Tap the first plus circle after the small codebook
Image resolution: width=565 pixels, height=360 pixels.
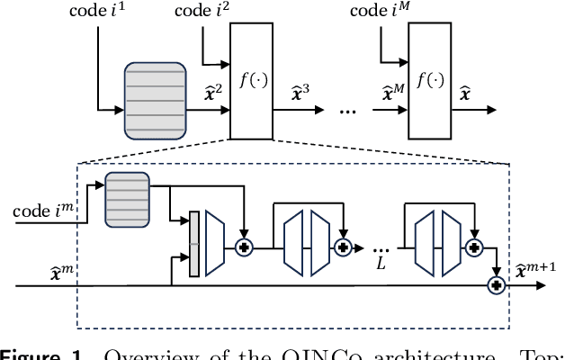click(243, 245)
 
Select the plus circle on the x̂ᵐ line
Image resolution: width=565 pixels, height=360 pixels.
click(494, 285)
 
